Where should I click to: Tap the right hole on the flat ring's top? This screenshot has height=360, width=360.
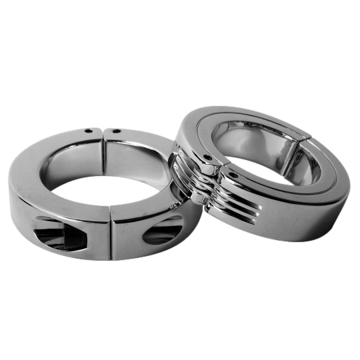pyautogui.click(x=118, y=132)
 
